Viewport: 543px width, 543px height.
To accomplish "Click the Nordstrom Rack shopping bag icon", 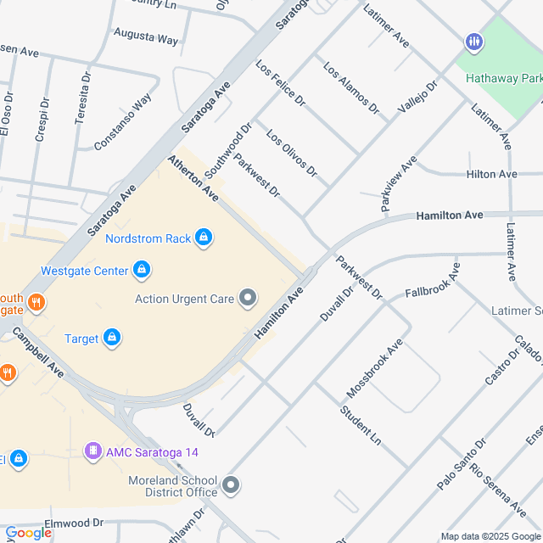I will point(203,238).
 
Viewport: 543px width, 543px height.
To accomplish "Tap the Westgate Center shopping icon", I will point(142,271).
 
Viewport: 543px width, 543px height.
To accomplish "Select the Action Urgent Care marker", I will point(248,298).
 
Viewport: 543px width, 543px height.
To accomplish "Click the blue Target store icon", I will point(111,339).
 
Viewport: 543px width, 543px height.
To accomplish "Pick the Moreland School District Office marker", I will point(232,486).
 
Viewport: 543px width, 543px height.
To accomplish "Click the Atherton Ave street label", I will point(193,177).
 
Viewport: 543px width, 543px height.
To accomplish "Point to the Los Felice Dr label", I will point(280,83).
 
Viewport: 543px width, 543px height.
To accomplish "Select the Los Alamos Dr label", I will point(350,87).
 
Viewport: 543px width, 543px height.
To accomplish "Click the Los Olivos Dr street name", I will point(292,154).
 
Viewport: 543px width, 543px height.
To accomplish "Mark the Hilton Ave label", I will point(491,174).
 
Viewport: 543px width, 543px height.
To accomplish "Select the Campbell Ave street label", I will point(44,359).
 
